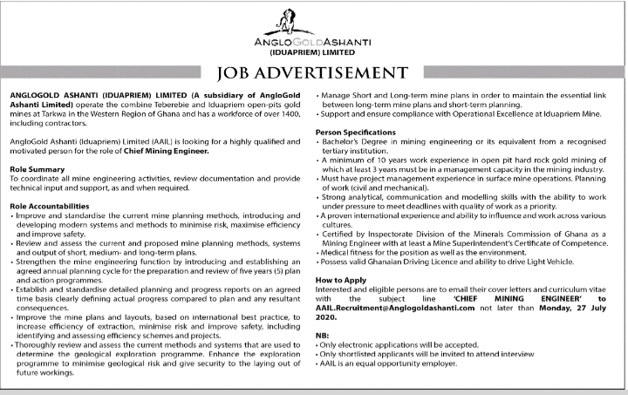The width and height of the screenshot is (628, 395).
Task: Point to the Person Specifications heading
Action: [356, 132]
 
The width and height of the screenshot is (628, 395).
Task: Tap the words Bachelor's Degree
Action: [352, 141]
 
